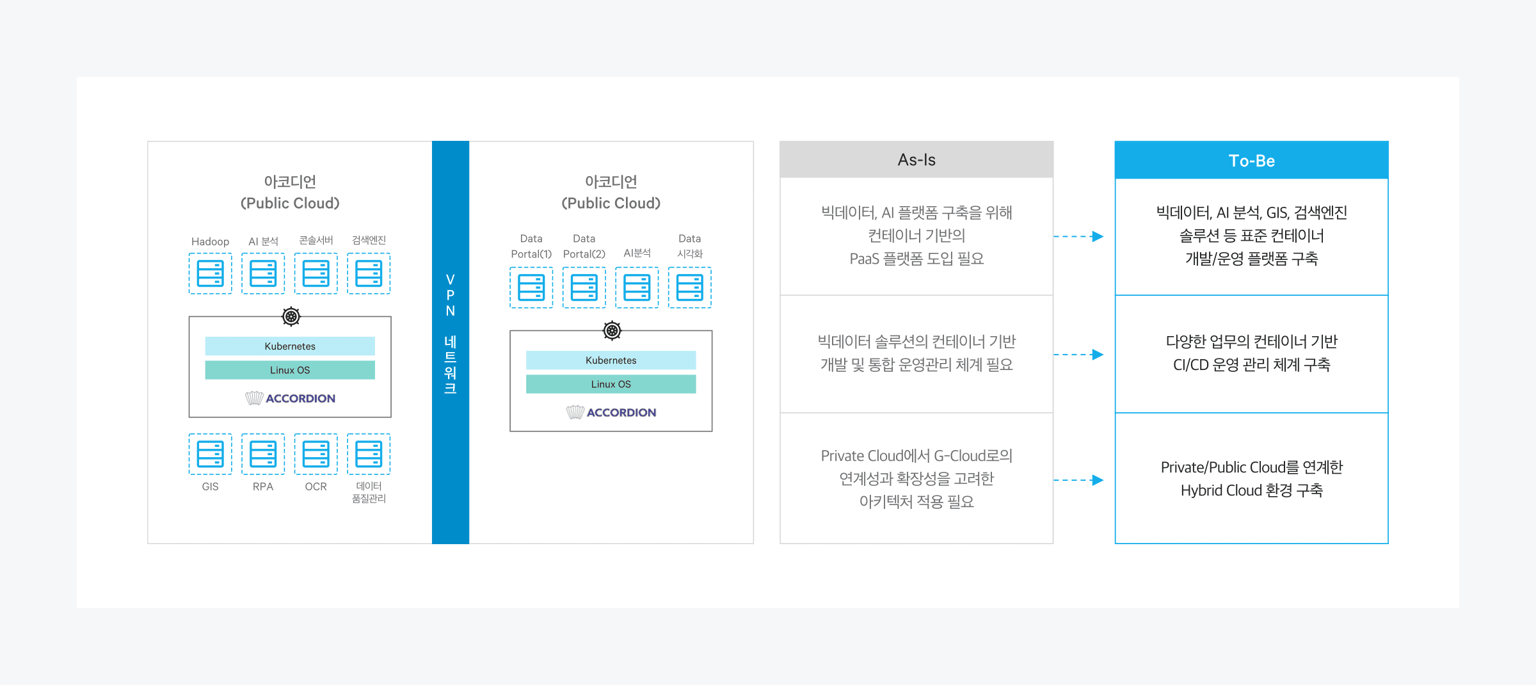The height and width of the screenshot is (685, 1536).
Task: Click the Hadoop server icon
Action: click(x=210, y=273)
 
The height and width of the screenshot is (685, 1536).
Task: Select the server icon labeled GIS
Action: click(x=210, y=454)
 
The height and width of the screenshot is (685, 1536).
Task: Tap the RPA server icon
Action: click(x=263, y=454)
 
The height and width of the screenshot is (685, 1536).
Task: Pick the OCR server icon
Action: click(x=316, y=454)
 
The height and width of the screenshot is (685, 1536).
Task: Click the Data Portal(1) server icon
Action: click(x=531, y=287)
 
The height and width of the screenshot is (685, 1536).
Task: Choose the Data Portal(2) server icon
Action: click(x=584, y=287)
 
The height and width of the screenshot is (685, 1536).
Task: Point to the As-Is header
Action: click(x=916, y=159)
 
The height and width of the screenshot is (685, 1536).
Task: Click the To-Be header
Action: click(x=1251, y=160)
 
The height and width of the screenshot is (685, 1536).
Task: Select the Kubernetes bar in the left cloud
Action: click(x=290, y=346)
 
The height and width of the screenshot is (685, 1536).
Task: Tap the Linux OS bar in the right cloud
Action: click(x=611, y=384)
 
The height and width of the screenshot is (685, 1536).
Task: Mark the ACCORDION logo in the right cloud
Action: click(x=611, y=412)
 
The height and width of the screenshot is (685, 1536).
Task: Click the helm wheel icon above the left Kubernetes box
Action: click(x=291, y=316)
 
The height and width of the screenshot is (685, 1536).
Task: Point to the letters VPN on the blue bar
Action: click(x=451, y=295)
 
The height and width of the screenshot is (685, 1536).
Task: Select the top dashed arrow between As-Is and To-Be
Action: click(x=1078, y=236)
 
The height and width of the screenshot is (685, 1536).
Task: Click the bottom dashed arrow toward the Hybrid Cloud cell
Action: click(x=1078, y=479)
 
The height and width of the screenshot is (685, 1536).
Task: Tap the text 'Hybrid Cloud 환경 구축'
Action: click(x=1251, y=490)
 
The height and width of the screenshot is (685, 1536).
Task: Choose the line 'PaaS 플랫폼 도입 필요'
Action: click(x=916, y=259)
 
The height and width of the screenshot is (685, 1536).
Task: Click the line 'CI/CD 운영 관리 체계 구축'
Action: click(x=1251, y=365)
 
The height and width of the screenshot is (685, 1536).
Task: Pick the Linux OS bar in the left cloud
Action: click(x=290, y=370)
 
